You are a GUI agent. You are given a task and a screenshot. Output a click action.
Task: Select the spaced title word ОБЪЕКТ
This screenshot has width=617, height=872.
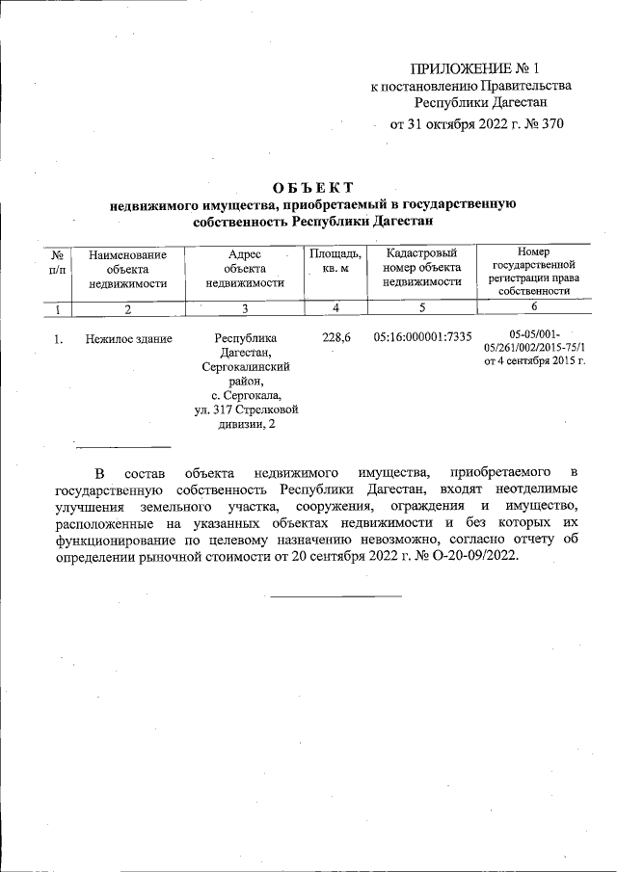[313, 187]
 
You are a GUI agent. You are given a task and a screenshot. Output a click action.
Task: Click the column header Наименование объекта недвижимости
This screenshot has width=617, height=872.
[127, 269]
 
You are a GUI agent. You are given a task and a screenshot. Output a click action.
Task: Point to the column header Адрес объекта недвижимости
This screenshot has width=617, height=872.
[245, 269]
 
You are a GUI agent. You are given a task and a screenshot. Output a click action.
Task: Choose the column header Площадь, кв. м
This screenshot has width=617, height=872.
[335, 261]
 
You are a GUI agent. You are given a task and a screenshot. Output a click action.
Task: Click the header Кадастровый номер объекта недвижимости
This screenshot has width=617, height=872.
[421, 269]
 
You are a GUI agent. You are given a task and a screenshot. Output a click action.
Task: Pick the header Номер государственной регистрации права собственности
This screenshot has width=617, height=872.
[533, 270]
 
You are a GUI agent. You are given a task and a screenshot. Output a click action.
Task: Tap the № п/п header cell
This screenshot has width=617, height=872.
[58, 261]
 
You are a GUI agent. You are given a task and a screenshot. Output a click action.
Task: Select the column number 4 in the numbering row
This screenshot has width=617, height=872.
[335, 309]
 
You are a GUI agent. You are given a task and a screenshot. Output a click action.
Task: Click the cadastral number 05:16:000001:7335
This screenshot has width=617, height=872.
[422, 338]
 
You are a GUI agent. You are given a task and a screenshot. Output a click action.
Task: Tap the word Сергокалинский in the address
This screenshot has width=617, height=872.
[245, 367]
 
